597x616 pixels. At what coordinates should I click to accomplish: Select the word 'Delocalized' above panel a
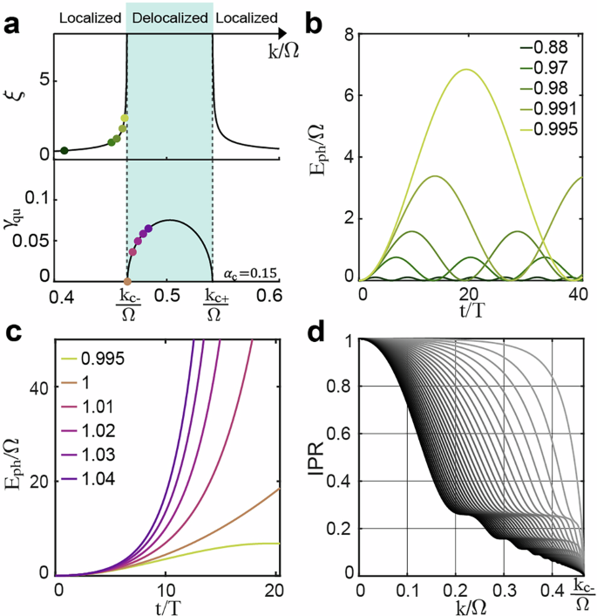pyautogui.click(x=169, y=16)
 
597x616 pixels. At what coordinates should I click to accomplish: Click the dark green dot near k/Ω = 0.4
pyautogui.click(x=64, y=151)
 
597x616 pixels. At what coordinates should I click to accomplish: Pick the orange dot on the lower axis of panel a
pyautogui.click(x=127, y=282)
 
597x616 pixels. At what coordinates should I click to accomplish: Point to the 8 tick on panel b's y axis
pyautogui.click(x=347, y=35)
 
